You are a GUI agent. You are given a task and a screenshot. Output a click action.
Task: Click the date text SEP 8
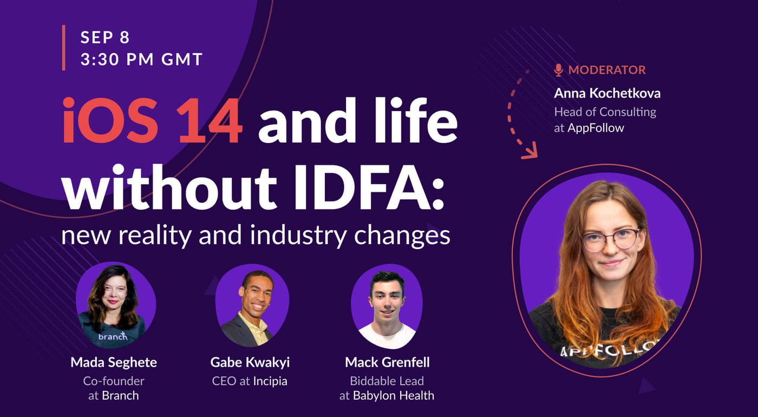pyautogui.click(x=105, y=37)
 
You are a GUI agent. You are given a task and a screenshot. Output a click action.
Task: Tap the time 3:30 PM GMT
pyautogui.click(x=141, y=59)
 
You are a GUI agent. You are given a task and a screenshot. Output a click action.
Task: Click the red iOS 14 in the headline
pyautogui.click(x=152, y=121)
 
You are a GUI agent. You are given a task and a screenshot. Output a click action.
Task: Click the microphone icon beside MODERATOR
pyautogui.click(x=559, y=70)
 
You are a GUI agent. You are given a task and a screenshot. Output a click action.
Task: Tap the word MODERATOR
pyautogui.click(x=606, y=70)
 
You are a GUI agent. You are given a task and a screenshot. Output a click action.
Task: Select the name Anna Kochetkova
pyautogui.click(x=607, y=93)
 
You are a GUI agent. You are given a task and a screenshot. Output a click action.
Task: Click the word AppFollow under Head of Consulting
pyautogui.click(x=596, y=128)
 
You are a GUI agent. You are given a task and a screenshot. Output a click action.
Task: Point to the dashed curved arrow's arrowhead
pyautogui.click(x=530, y=152)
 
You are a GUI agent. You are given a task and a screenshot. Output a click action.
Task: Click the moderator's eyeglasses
pyautogui.click(x=611, y=239)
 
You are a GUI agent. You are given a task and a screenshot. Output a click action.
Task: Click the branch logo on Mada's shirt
pyautogui.click(x=113, y=336)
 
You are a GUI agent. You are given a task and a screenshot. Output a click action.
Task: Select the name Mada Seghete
pyautogui.click(x=113, y=362)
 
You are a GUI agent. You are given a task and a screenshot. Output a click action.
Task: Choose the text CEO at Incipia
pyautogui.click(x=250, y=381)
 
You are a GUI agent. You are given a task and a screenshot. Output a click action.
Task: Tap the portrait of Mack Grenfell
pyautogui.click(x=387, y=306)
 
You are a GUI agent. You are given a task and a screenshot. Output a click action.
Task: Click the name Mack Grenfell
pyautogui.click(x=387, y=362)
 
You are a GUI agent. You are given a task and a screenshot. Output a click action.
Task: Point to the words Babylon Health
pyautogui.click(x=393, y=395)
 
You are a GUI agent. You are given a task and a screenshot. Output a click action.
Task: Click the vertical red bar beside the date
pyautogui.click(x=63, y=48)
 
